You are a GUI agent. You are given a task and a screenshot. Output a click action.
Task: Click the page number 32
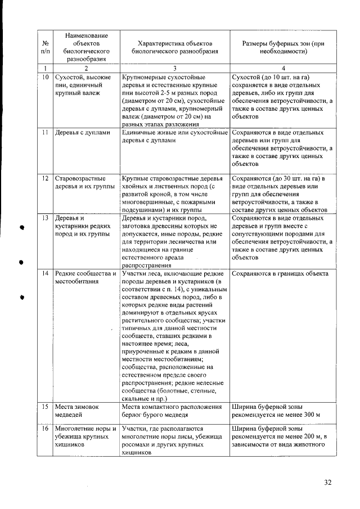click(x=328, y=482)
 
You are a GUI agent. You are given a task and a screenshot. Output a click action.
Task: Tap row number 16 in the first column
click(x=44, y=428)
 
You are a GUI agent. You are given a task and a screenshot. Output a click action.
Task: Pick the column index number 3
click(x=175, y=67)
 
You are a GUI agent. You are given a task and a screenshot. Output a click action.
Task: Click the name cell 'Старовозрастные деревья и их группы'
click(x=84, y=182)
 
